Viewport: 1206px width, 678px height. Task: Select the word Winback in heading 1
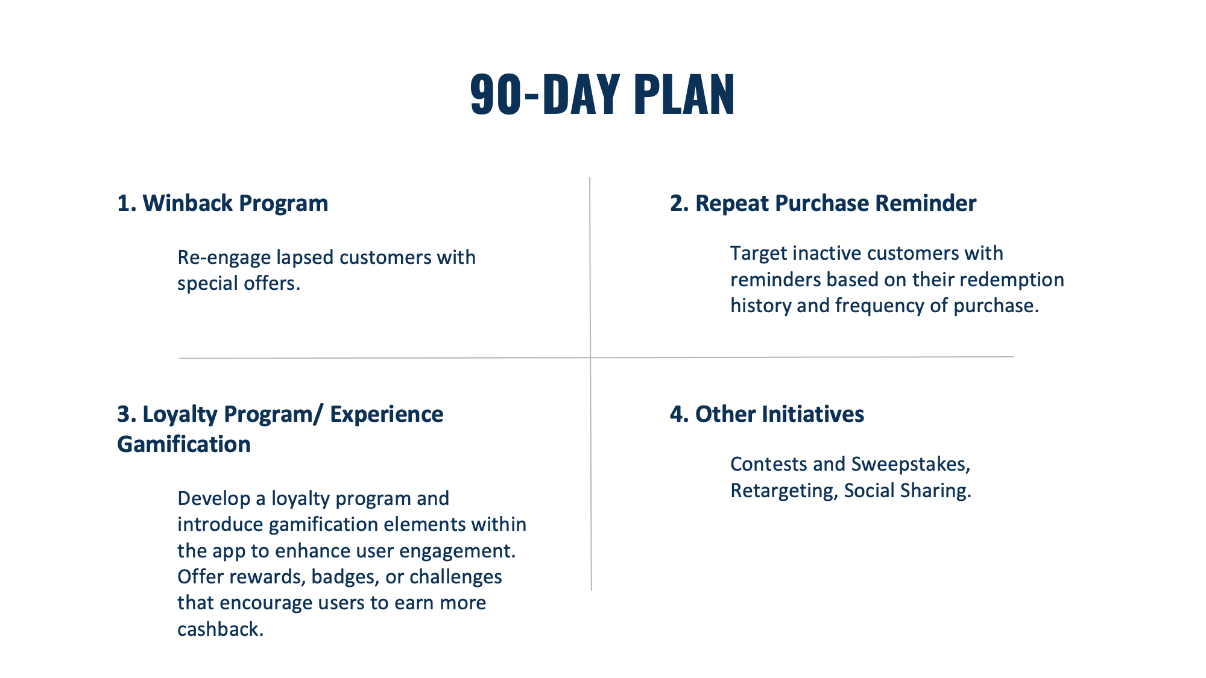tap(187, 203)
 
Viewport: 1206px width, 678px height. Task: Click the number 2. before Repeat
tap(680, 203)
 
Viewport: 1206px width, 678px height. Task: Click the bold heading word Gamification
tap(184, 444)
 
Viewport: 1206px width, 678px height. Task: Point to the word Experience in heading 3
tap(387, 415)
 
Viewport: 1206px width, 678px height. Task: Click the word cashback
tap(220, 629)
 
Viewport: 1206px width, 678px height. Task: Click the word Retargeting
tap(784, 491)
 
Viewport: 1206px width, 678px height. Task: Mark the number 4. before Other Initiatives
tap(680, 415)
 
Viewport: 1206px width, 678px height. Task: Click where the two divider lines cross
tap(590, 358)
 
